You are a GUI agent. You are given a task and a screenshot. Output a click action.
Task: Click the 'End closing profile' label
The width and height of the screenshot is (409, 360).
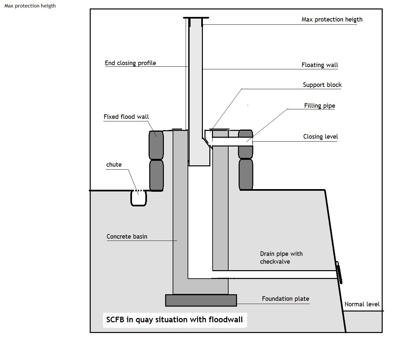pyautogui.click(x=130, y=63)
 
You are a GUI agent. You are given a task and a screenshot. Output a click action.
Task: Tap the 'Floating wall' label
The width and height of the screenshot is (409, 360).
pyautogui.click(x=320, y=65)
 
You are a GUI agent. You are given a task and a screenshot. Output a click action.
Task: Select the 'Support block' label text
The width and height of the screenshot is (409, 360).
pyautogui.click(x=322, y=85)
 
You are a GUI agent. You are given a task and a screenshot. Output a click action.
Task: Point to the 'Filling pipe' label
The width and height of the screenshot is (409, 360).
pyautogui.click(x=320, y=105)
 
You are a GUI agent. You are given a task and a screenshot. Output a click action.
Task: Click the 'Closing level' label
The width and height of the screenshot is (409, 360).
pyautogui.click(x=320, y=136)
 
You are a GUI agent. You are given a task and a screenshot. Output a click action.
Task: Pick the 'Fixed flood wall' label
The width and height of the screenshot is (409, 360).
pyautogui.click(x=126, y=117)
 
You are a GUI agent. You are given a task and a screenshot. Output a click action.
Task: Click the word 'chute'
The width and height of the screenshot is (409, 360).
pyautogui.click(x=114, y=164)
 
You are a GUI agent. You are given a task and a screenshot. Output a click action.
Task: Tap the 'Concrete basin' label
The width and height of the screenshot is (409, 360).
pyautogui.click(x=127, y=237)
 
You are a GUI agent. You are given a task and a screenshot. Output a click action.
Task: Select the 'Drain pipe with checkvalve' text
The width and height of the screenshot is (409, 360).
pyautogui.click(x=281, y=257)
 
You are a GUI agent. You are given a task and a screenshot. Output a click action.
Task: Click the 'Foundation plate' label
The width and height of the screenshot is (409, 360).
pyautogui.click(x=285, y=298)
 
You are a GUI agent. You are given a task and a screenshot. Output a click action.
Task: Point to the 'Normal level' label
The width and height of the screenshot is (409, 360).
pyautogui.click(x=362, y=304)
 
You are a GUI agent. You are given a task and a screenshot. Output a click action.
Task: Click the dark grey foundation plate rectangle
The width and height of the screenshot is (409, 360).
pyautogui.click(x=201, y=300)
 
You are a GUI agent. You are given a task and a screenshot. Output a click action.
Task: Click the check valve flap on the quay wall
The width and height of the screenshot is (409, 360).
pyautogui.click(x=339, y=273)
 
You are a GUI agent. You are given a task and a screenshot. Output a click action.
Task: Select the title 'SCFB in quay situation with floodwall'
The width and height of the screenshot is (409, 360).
pyautogui.click(x=174, y=320)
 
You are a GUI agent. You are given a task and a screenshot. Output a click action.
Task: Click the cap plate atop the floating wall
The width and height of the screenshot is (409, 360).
pyautogui.click(x=196, y=18)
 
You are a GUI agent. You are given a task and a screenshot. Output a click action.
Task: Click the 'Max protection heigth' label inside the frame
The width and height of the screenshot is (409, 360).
pyautogui.click(x=332, y=20)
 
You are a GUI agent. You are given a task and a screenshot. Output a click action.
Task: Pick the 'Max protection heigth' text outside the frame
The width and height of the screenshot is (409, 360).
pyautogui.click(x=30, y=6)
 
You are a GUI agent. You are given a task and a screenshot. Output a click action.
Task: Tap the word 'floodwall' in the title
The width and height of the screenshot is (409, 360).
pyautogui.click(x=226, y=320)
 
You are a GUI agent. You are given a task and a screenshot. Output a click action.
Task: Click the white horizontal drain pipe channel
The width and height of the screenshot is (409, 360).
pyautogui.click(x=262, y=274)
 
